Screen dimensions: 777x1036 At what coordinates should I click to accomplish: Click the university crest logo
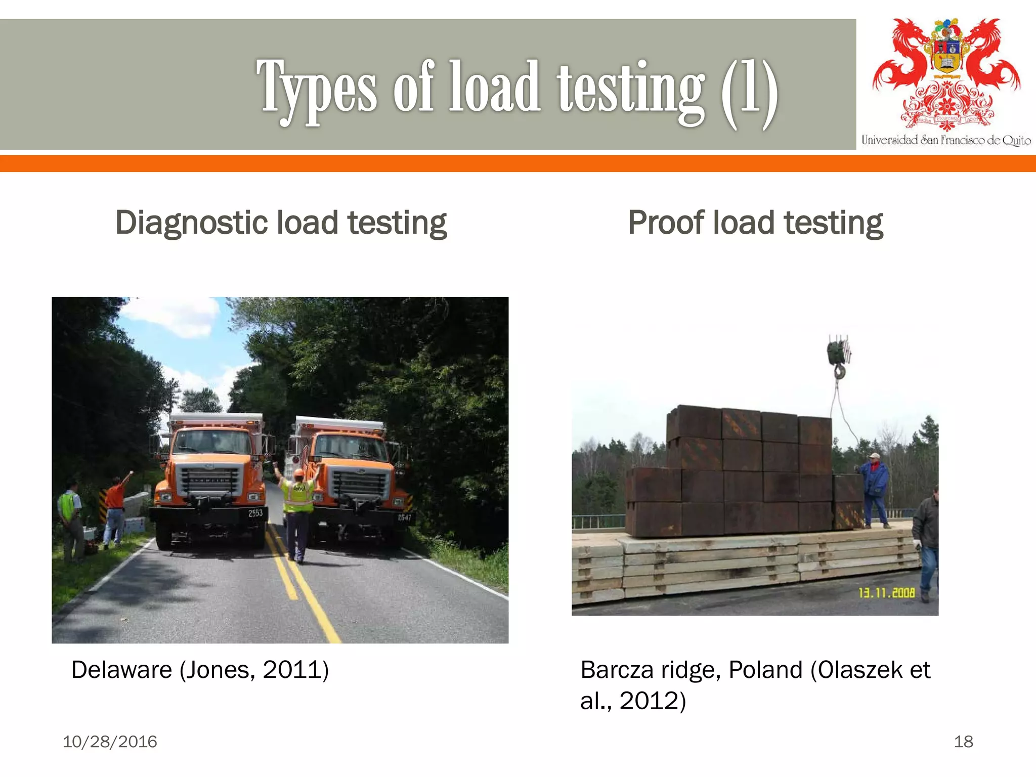tap(946, 73)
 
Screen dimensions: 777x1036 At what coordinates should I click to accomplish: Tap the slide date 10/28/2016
tap(110, 742)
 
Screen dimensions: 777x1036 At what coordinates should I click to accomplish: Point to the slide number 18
tap(963, 742)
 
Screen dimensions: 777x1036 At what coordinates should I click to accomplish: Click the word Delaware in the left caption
tap(121, 670)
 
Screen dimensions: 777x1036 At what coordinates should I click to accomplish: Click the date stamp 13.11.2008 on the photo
tap(886, 592)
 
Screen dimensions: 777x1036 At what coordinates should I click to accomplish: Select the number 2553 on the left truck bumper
tap(255, 512)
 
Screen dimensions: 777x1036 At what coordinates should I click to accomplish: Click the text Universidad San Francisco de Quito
tap(946, 140)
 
